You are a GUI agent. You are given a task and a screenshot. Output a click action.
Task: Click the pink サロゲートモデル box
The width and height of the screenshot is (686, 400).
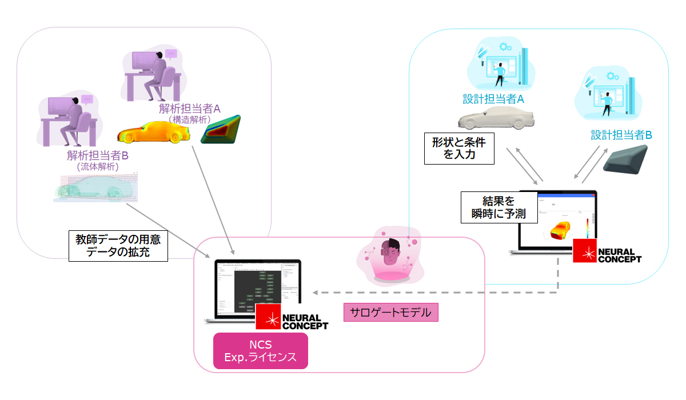[390, 312]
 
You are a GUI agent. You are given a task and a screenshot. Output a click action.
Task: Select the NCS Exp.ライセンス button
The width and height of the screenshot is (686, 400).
[260, 351]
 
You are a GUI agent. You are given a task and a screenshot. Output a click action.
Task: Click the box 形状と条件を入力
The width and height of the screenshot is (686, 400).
[459, 149]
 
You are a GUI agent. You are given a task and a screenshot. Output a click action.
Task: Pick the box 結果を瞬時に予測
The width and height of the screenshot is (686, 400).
[499, 207]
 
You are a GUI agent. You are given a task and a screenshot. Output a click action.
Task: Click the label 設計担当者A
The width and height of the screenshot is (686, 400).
[493, 99]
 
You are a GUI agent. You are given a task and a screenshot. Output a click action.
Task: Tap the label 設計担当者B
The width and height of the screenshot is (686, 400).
[621, 135]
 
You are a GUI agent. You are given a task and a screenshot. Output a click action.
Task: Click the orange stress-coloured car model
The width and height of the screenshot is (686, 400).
[153, 133]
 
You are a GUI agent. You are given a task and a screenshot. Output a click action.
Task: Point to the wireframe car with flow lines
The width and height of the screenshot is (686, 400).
[95, 188]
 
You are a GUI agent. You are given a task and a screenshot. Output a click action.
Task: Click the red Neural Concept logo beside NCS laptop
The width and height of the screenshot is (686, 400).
[268, 317]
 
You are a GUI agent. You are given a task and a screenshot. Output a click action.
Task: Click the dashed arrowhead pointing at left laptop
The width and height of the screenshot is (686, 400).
[315, 293]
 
